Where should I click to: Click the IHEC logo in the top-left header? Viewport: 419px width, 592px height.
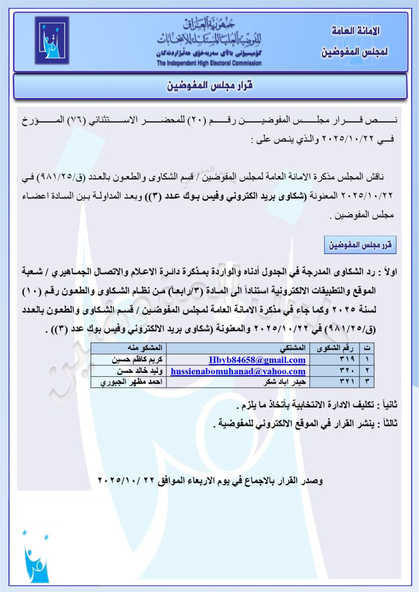point(52,40)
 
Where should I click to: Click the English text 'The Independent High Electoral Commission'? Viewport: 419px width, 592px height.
point(209,63)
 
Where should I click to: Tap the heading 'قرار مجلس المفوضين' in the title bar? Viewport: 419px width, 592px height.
point(209,86)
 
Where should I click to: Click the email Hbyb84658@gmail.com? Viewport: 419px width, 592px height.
point(257,360)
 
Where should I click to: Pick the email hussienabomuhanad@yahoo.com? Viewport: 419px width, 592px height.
point(238,371)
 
